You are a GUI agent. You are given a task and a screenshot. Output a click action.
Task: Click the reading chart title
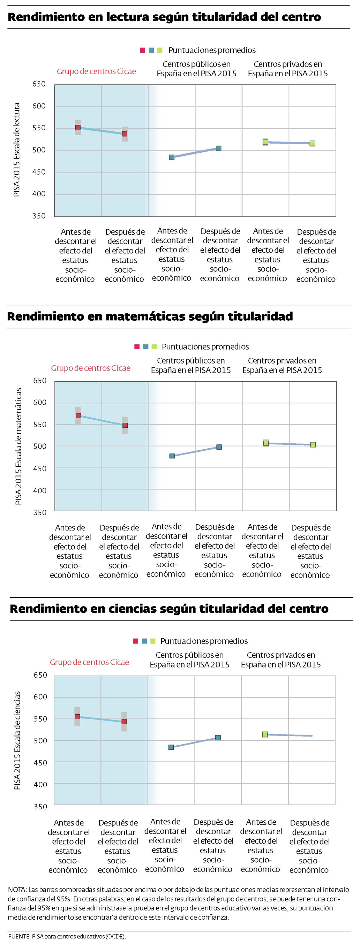[164, 17]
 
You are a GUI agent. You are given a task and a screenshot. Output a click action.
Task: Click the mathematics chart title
[150, 316]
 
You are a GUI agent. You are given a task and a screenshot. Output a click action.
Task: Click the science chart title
[169, 609]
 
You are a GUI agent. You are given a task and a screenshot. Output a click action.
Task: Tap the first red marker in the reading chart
[78, 128]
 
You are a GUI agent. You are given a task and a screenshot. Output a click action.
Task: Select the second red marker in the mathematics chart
[125, 425]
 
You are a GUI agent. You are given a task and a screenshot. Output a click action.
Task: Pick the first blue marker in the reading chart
[171, 157]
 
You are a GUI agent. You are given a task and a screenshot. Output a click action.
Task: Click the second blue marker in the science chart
[218, 738]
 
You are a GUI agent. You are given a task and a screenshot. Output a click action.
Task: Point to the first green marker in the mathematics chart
[266, 443]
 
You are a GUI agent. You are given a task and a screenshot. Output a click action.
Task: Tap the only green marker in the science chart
[265, 734]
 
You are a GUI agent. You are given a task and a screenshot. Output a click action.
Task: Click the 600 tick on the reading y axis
[39, 106]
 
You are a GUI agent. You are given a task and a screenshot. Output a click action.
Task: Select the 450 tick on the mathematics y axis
[40, 468]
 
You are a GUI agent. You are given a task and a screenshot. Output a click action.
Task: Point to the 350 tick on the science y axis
[40, 807]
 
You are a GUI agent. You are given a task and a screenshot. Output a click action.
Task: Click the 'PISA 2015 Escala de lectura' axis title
[16, 150]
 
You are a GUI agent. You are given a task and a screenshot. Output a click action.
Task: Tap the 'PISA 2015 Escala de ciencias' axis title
[17, 741]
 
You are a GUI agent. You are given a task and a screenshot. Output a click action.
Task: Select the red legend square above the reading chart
[143, 50]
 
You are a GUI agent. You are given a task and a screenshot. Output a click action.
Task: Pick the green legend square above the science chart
[153, 641]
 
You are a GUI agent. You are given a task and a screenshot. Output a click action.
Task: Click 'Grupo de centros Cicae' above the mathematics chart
[91, 368]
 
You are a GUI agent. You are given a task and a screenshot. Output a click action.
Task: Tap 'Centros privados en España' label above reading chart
[288, 69]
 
